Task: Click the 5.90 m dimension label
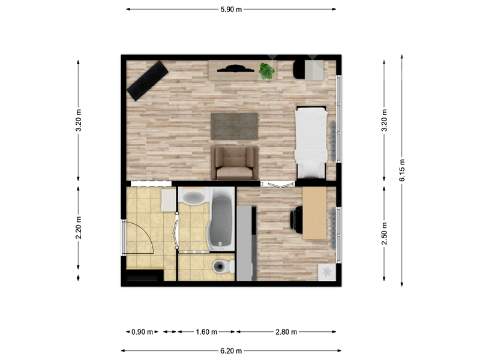[x=231, y=9]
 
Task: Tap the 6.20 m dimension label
[x=231, y=351]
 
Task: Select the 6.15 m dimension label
[x=402, y=170]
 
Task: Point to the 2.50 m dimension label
[x=384, y=233]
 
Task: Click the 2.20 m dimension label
[x=79, y=227]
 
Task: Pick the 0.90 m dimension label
[x=142, y=332]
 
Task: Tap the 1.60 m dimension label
[x=206, y=332]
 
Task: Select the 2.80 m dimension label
[x=286, y=332]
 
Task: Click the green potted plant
[x=267, y=71]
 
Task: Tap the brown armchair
[x=235, y=163]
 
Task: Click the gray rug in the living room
[x=235, y=126]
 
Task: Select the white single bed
[x=311, y=142]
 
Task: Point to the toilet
[x=223, y=266]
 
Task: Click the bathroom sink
[x=193, y=197]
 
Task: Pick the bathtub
[x=220, y=220]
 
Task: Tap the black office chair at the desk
[x=296, y=220]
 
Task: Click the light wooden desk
[x=314, y=213]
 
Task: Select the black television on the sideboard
[x=235, y=68]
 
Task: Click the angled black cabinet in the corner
[x=148, y=80]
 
